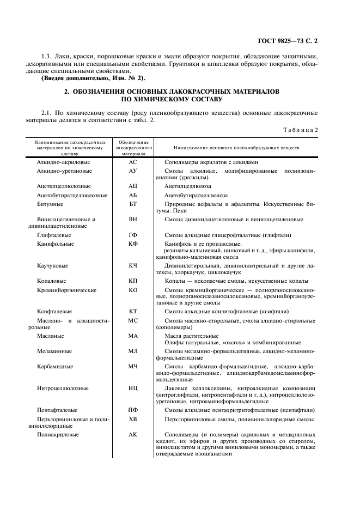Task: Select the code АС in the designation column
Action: (132, 162)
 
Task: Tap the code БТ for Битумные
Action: (132, 204)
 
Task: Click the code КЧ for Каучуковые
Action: (132, 265)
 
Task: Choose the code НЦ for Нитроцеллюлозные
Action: (132, 388)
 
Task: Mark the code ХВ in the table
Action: (132, 419)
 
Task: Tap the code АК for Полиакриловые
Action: (132, 435)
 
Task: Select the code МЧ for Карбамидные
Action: (132, 367)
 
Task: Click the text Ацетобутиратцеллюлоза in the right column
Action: (196, 195)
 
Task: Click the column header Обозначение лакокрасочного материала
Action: (132, 147)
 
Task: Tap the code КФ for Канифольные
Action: (132, 244)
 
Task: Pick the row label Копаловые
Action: (52, 281)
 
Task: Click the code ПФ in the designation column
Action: (132, 410)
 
